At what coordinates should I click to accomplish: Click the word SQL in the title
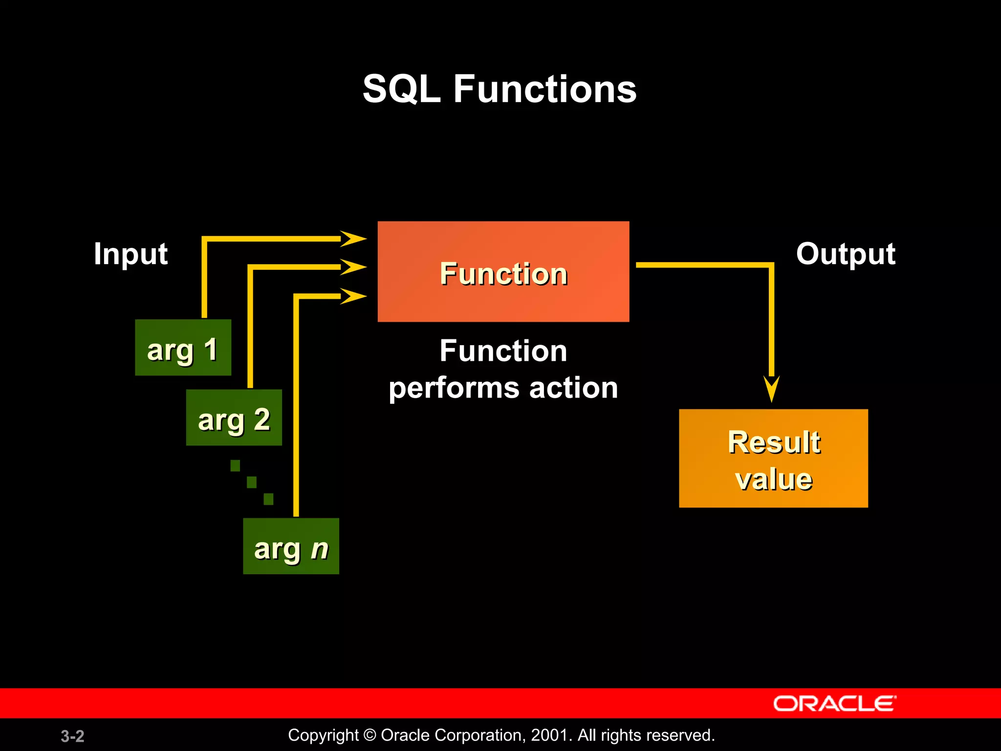401,89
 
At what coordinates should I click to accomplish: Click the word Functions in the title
545,89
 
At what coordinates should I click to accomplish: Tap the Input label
131,254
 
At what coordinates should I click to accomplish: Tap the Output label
846,254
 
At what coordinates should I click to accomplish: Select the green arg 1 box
183,348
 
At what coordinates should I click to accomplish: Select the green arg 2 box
234,418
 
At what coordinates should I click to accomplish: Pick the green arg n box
291,546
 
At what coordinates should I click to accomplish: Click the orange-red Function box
503,272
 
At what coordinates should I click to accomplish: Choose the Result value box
773,459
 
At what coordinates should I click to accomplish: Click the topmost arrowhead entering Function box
353,239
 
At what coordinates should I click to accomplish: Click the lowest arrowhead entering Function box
353,296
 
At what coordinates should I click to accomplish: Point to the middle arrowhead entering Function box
353,267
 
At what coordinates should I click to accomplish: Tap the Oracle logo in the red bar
834,704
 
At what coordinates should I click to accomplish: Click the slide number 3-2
72,736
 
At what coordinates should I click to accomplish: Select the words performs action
503,388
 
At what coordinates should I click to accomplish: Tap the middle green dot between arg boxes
252,483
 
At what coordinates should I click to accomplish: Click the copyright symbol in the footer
370,735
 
